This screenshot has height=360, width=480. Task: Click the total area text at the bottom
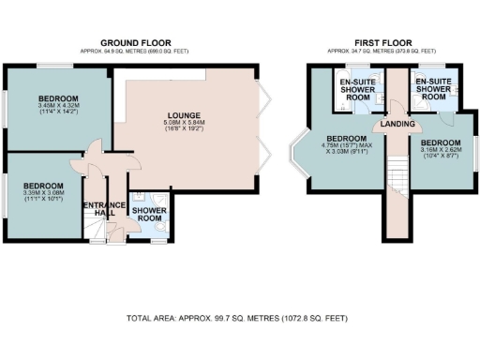[237, 319]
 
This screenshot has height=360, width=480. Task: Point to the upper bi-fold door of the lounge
[264, 95]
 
